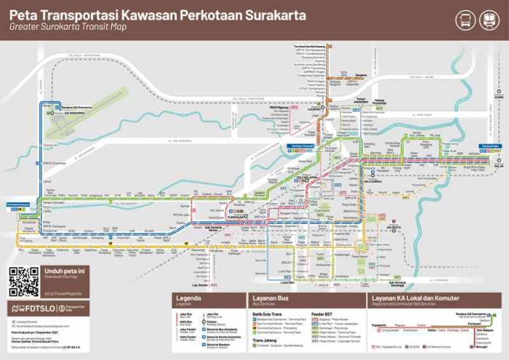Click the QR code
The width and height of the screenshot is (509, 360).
(23, 282)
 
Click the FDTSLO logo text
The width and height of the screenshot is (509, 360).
(36, 308)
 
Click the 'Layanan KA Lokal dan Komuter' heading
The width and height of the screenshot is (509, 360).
(416, 299)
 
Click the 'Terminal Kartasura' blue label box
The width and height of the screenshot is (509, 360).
(18, 205)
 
